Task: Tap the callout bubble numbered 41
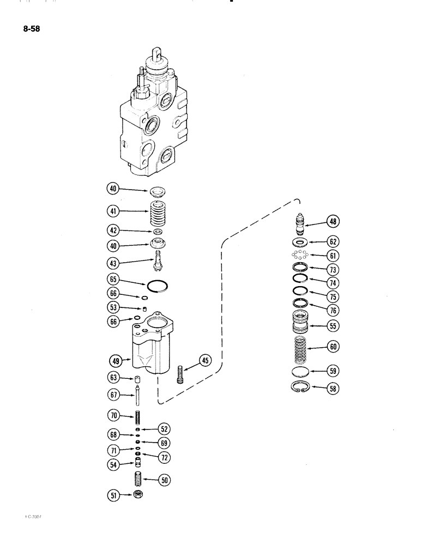pyautogui.click(x=113, y=210)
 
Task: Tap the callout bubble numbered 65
pyautogui.click(x=113, y=280)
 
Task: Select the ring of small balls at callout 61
pyautogui.click(x=300, y=255)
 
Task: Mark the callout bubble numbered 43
pyautogui.click(x=113, y=263)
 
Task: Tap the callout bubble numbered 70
pyautogui.click(x=113, y=415)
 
